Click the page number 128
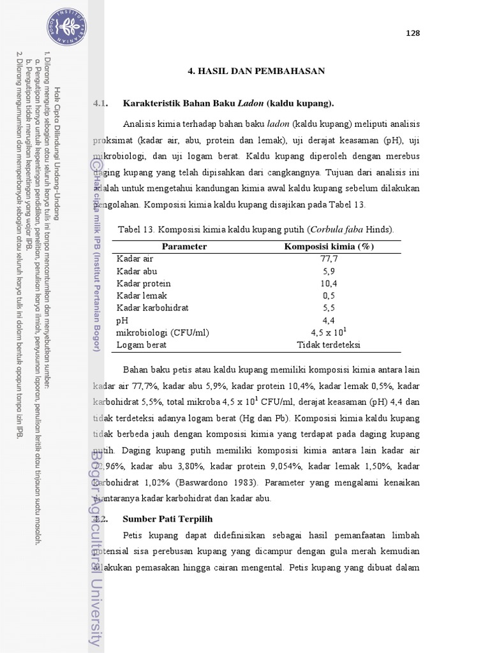tap(413, 34)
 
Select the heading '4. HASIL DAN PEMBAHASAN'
tap(256, 71)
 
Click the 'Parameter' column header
tap(184, 247)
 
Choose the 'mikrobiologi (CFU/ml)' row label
tap(163, 332)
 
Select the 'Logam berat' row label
tap(141, 344)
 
